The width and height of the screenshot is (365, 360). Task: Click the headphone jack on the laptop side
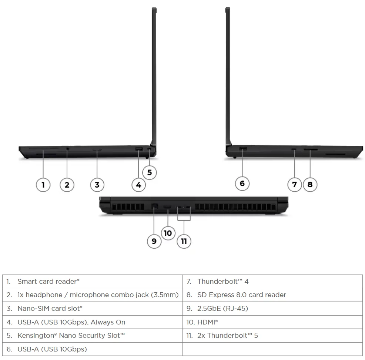pyautogui.click(x=67, y=148)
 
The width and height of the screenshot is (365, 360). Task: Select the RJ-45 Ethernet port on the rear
pyautogui.click(x=155, y=206)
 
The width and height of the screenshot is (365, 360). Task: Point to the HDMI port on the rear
pyautogui.click(x=167, y=207)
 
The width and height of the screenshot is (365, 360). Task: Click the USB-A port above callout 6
pyautogui.click(x=243, y=148)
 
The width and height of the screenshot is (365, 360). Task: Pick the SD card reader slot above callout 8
pyautogui.click(x=311, y=149)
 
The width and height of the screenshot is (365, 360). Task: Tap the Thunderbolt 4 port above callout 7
pyautogui.click(x=294, y=149)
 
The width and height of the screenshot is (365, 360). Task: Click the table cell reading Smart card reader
pyautogui.click(x=93, y=282)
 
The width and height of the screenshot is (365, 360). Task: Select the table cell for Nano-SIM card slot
pyautogui.click(x=93, y=309)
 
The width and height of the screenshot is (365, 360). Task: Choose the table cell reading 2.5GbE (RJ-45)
pyautogui.click(x=272, y=309)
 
